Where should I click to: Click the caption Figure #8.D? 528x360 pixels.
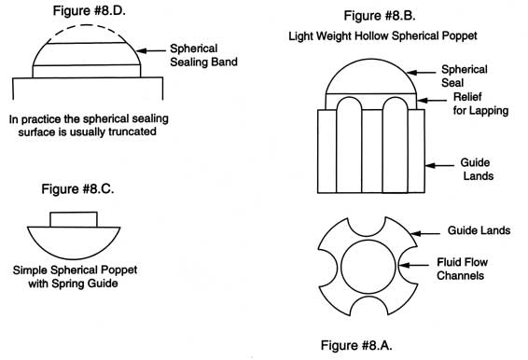coord(80,11)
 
